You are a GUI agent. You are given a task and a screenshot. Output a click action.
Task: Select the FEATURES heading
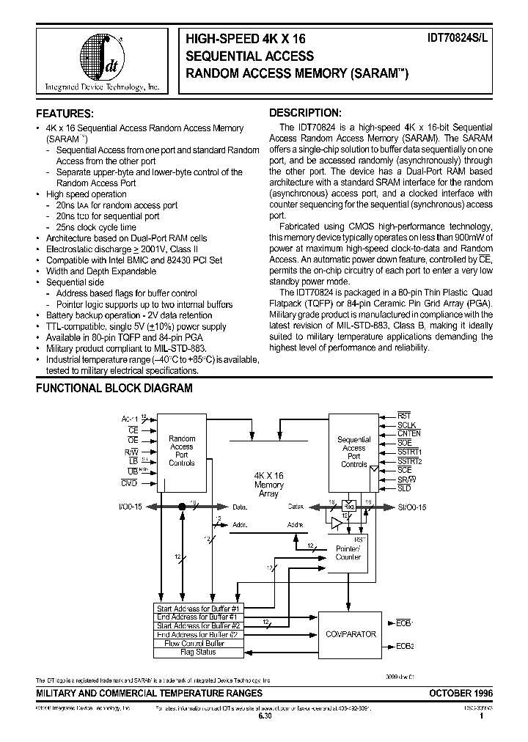pos(65,114)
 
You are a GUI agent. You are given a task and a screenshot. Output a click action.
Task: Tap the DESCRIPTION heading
pos(305,113)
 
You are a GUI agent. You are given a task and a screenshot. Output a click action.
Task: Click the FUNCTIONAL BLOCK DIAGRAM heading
pos(114,388)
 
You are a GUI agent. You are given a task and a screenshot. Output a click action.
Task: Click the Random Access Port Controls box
pos(182,451)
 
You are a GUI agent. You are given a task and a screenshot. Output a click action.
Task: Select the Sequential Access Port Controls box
pos(353,451)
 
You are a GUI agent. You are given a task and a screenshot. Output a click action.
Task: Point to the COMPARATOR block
pos(351,633)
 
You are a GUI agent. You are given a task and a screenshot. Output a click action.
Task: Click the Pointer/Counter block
pos(348,551)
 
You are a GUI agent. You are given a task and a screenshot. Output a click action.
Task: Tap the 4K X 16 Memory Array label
pos(269,485)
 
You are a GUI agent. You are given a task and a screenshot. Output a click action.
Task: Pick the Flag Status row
pos(197,652)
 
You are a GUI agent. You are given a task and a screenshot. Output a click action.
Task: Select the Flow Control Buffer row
pos(197,643)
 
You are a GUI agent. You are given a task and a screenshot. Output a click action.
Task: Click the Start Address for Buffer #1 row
pos(197,609)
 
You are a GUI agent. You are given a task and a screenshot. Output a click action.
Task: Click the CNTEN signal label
pos(409,433)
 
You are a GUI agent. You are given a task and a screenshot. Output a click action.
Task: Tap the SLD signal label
pos(404,488)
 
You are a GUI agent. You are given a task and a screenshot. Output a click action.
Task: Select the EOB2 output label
pos(405,646)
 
